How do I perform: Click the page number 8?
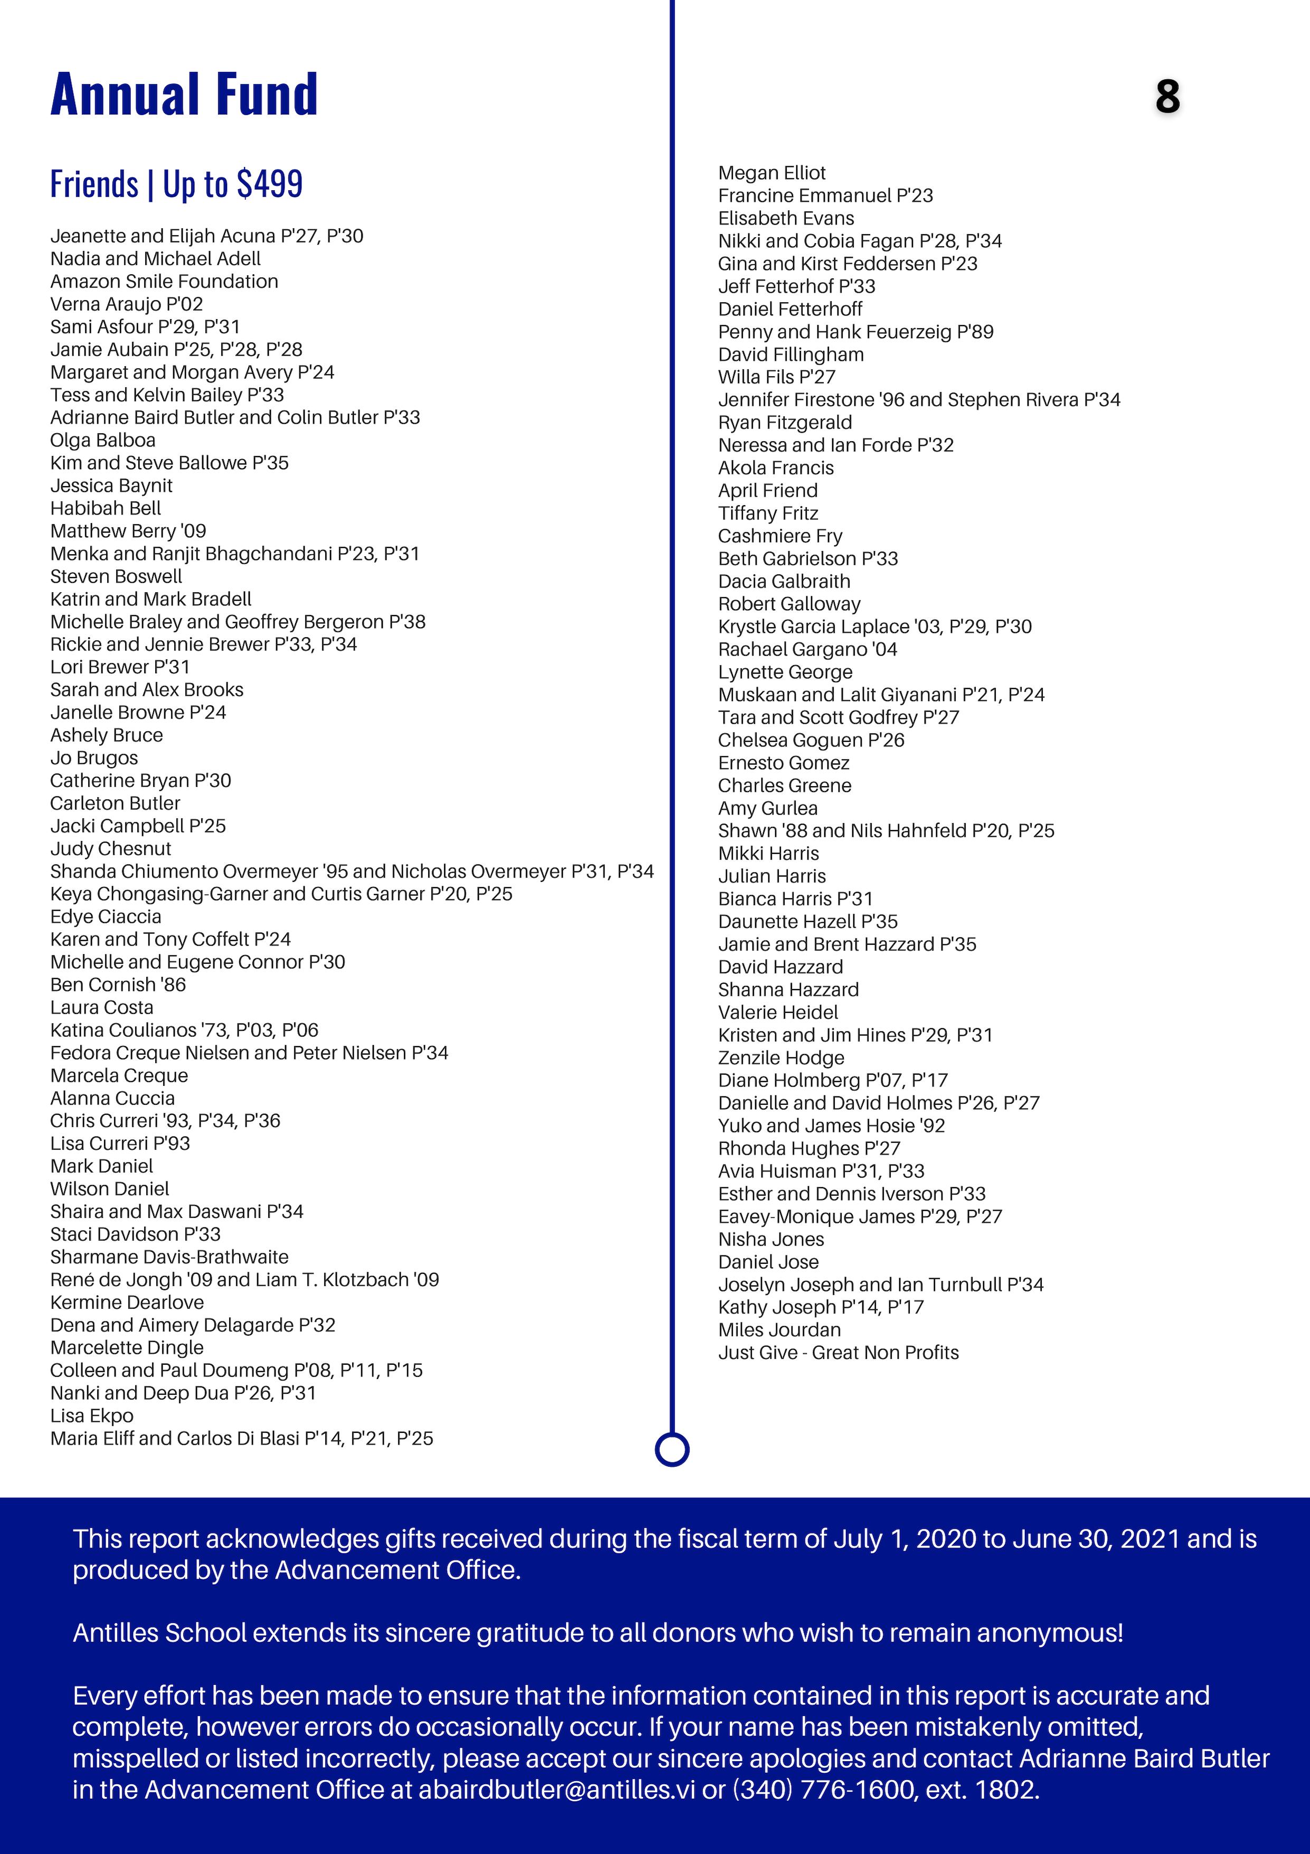point(1167,97)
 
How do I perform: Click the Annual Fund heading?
point(184,95)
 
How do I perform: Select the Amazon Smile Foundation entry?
point(164,282)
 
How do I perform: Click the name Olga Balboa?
point(102,440)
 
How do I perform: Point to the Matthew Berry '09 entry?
point(128,532)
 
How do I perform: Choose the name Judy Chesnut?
point(110,849)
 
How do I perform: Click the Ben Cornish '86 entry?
point(118,985)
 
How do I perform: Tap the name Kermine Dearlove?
point(127,1302)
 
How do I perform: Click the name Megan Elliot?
point(771,173)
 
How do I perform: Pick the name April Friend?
point(768,491)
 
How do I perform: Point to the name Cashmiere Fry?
point(780,536)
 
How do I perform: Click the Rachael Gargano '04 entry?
point(807,649)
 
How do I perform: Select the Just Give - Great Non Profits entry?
point(838,1353)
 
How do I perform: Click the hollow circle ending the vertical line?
point(672,1449)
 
